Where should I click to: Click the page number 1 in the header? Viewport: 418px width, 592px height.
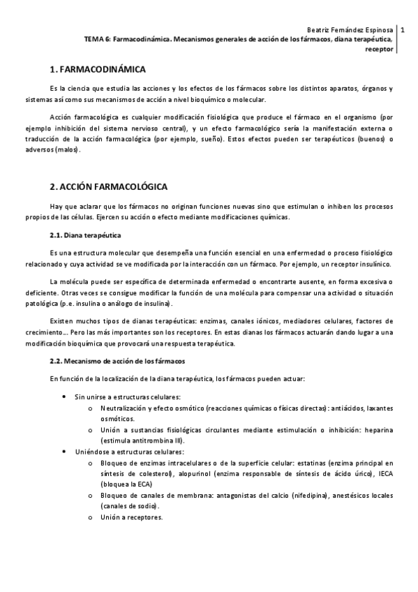tap(403, 30)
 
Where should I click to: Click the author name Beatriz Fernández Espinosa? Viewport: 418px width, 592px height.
tap(350, 30)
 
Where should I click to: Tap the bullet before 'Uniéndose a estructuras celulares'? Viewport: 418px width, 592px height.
tap(65, 452)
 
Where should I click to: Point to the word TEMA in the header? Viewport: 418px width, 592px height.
tap(93, 40)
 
